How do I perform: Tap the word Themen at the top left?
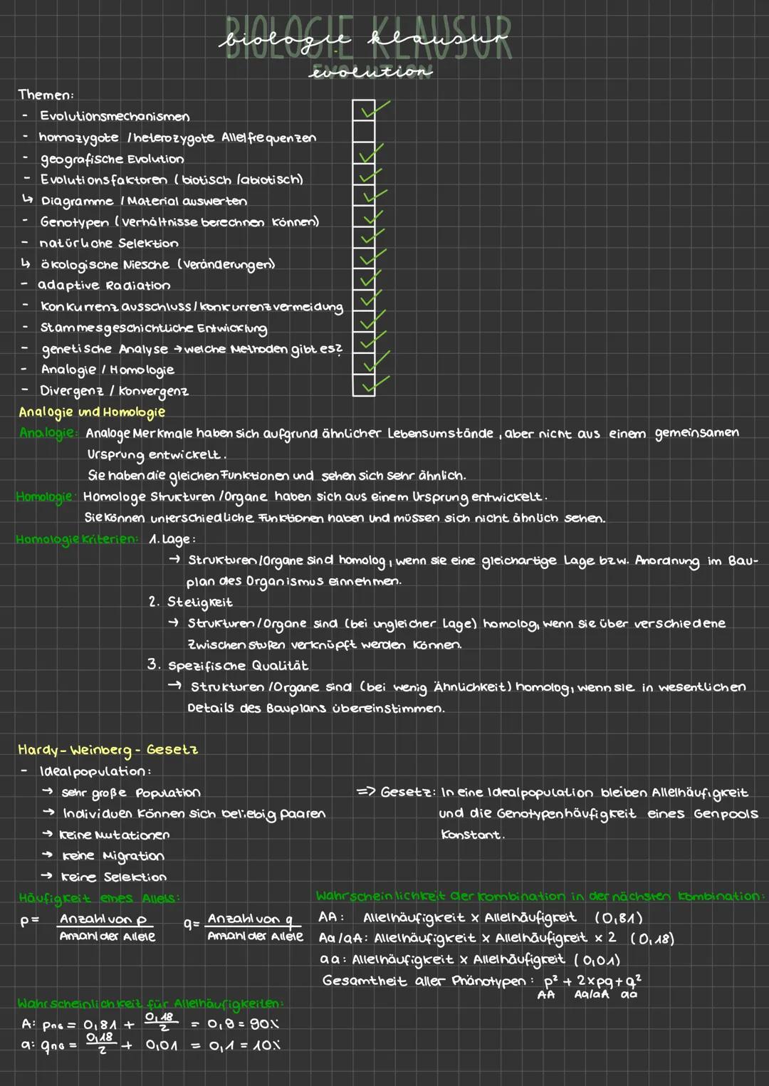[46, 95]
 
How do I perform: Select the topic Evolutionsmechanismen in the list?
[115, 116]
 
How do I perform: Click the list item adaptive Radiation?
[104, 286]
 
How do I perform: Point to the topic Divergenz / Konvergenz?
[114, 391]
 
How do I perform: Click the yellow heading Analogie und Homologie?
[92, 412]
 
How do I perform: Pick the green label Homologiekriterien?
[77, 539]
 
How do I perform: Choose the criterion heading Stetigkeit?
[199, 602]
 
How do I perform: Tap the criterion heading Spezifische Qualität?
[238, 666]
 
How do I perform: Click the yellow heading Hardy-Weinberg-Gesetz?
[108, 749]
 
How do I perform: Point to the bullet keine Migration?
[113, 856]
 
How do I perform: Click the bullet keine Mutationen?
[115, 835]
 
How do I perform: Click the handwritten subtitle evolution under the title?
[371, 72]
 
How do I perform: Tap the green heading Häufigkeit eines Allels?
[99, 898]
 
